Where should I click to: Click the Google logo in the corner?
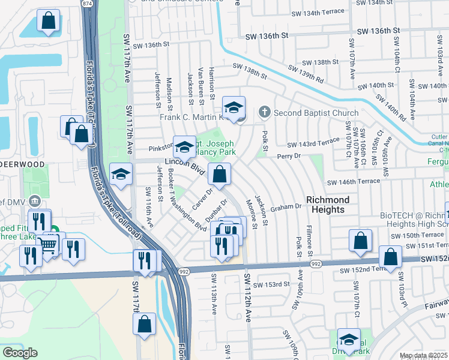coord(20,353)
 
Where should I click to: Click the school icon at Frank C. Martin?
coord(234,108)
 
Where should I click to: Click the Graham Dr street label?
coord(285,207)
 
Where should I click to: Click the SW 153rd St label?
coord(272,284)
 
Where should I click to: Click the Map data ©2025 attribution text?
coord(424,356)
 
